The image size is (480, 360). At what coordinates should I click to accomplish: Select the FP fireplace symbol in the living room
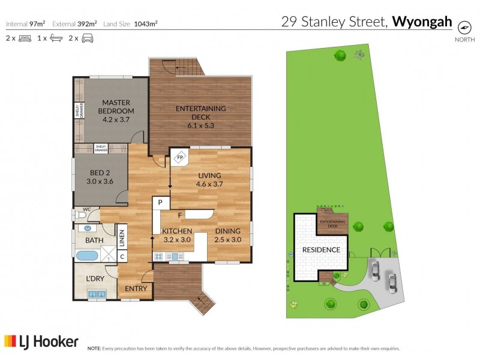(179, 158)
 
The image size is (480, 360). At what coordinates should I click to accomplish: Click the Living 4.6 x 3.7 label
(211, 179)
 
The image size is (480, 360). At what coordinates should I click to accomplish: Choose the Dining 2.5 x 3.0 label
(227, 235)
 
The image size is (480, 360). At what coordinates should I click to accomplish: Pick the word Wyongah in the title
(422, 23)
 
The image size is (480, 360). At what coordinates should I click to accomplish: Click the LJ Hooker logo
(41, 342)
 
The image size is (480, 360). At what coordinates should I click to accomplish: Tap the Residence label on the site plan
(320, 250)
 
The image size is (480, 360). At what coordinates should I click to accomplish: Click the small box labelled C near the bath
(122, 257)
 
